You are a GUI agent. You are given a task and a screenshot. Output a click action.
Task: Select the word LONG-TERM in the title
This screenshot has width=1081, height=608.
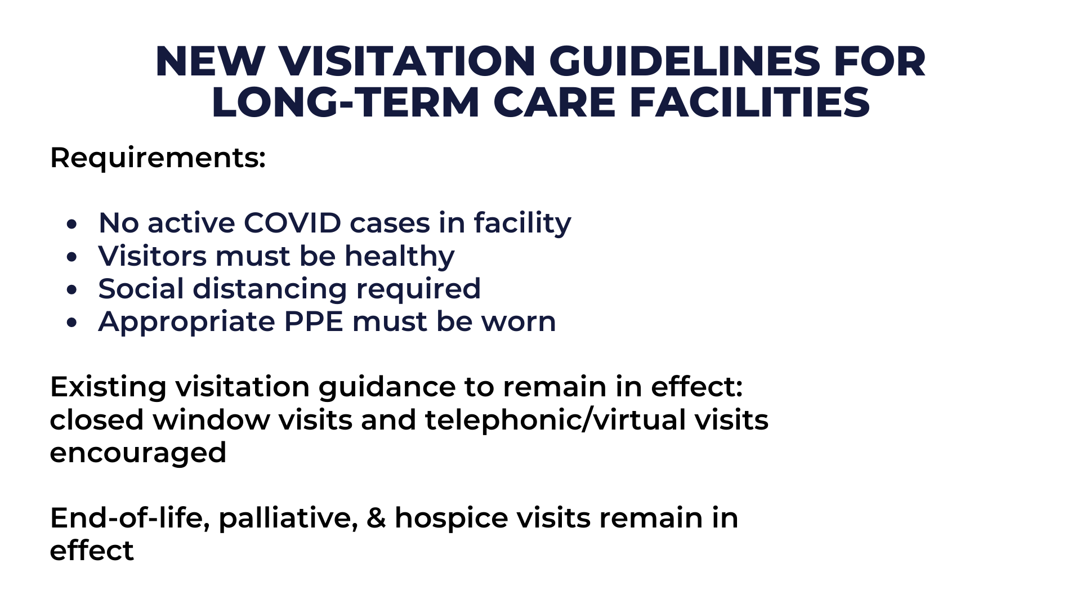[345, 102]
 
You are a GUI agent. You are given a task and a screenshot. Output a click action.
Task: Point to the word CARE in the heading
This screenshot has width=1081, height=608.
[555, 102]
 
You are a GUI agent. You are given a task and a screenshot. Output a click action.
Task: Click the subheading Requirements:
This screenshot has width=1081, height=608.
[158, 158]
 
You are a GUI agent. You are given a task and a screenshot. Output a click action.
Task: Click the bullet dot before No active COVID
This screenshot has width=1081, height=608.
[71, 224]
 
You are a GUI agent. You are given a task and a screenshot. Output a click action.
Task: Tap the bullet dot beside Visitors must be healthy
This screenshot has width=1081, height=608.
[71, 257]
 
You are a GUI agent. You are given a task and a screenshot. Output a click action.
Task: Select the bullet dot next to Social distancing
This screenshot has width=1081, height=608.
[71, 290]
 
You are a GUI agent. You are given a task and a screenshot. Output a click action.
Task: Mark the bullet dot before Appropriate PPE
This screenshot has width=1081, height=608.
[71, 323]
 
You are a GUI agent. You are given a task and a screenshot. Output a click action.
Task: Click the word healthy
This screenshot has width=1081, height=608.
[399, 256]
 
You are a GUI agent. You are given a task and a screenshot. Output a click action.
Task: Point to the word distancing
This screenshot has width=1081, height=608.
[270, 289]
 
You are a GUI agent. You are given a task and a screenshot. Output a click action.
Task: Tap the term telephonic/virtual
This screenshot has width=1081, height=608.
[556, 421]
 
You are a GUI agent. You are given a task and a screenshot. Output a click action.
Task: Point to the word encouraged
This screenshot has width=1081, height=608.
[138, 453]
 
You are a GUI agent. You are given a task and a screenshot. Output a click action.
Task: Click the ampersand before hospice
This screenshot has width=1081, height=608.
[376, 518]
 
